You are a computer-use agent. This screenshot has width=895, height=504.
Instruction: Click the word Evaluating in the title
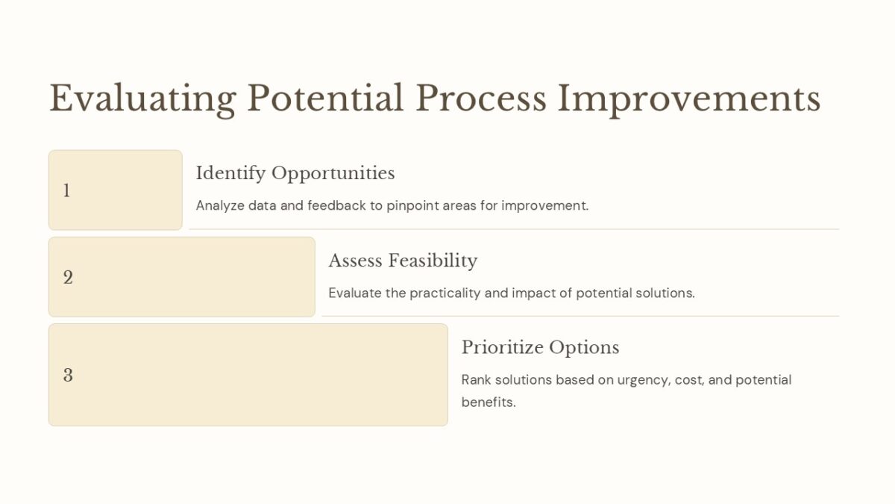pyautogui.click(x=142, y=99)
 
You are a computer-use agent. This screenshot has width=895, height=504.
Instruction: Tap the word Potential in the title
pyautogui.click(x=324, y=99)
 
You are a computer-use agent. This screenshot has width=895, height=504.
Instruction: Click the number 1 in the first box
pyautogui.click(x=66, y=191)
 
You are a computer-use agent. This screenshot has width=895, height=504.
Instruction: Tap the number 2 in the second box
pyautogui.click(x=68, y=278)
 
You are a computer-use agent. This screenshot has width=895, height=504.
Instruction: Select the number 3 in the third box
pyautogui.click(x=68, y=375)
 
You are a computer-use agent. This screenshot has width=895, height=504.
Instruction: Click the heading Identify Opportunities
pyautogui.click(x=295, y=173)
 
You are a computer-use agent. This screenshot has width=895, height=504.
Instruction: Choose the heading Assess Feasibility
pyautogui.click(x=403, y=261)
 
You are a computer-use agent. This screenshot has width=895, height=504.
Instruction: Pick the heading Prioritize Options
pyautogui.click(x=540, y=347)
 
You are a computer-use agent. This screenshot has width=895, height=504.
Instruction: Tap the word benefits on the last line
pyautogui.click(x=488, y=402)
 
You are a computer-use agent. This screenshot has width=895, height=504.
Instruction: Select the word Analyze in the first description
pyautogui.click(x=219, y=205)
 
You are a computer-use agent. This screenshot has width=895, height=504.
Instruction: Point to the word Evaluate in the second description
pyautogui.click(x=355, y=293)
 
